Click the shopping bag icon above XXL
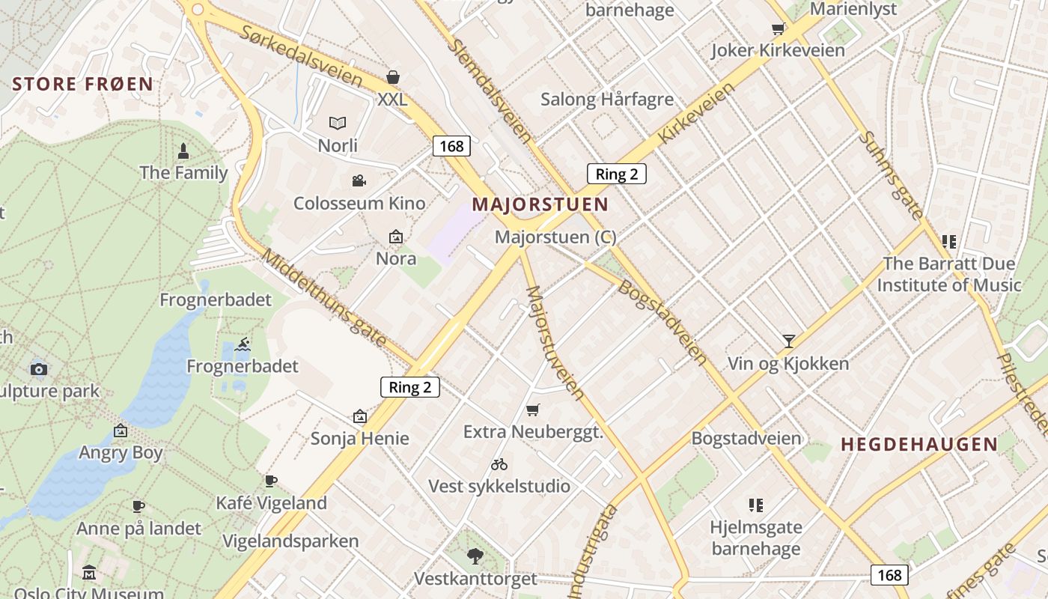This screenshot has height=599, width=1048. pyautogui.click(x=393, y=77)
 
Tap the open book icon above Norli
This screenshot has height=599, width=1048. pyautogui.click(x=338, y=123)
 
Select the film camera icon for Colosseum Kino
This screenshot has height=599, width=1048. pyautogui.click(x=359, y=180)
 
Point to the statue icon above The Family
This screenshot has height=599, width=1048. pyautogui.click(x=183, y=151)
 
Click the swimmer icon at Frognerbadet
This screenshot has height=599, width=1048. pyautogui.click(x=243, y=344)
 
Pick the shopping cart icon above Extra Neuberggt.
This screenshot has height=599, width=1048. pyautogui.click(x=532, y=410)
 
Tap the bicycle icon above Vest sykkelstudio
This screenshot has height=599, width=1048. pyautogui.click(x=499, y=464)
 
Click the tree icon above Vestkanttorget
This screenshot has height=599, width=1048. pyautogui.click(x=475, y=556)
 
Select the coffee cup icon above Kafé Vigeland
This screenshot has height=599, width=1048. pyautogui.click(x=271, y=481)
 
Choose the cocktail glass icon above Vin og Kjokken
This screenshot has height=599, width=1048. pyautogui.click(x=788, y=341)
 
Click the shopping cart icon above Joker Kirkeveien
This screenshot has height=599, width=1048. pyautogui.click(x=778, y=28)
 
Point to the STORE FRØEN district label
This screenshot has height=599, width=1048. pyautogui.click(x=83, y=84)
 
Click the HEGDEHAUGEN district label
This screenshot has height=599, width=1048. pyautogui.click(x=919, y=444)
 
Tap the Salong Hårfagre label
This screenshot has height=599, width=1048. pyautogui.click(x=607, y=99)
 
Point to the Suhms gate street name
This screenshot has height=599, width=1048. pyautogui.click(x=890, y=175)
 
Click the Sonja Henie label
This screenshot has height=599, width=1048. pyautogui.click(x=360, y=438)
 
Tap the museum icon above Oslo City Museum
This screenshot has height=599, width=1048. pyautogui.click(x=89, y=573)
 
